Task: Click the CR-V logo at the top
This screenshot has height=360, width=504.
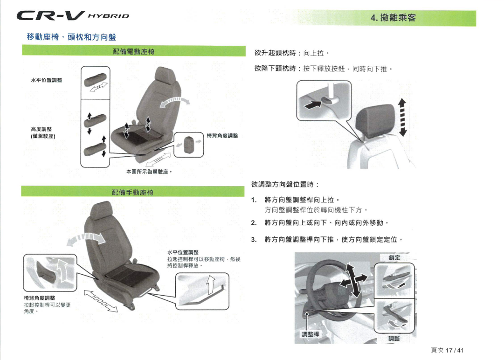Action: click(51, 15)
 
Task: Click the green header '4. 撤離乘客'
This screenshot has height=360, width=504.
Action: click(393, 18)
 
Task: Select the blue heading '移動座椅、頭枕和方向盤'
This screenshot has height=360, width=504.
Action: click(71, 37)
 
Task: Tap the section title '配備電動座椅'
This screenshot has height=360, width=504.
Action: click(133, 51)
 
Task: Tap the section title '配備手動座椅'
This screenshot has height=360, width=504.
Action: click(132, 192)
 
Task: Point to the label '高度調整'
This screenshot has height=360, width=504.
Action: click(41, 129)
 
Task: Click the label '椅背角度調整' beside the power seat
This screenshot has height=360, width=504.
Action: click(222, 136)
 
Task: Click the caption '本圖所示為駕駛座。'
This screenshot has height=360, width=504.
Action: click(149, 172)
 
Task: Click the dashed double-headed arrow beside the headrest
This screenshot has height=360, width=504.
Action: click(402, 118)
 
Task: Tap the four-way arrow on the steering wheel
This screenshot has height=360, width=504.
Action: click(353, 280)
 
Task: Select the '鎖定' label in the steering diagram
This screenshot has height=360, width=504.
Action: click(394, 257)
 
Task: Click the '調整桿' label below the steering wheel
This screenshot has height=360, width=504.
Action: click(310, 334)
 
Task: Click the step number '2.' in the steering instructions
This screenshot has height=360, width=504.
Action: click(254, 223)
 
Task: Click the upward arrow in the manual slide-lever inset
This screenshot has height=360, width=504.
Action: click(211, 285)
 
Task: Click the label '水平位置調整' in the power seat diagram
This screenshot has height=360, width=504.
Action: click(47, 80)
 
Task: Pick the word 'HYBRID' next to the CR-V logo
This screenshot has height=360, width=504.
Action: click(108, 16)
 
